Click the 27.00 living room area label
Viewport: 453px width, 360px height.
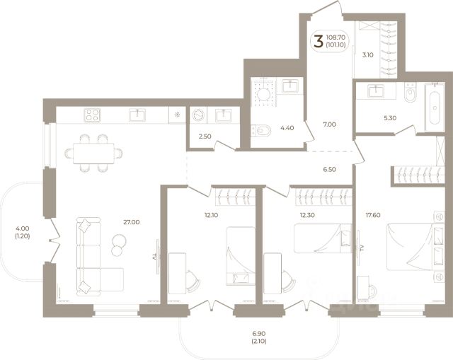[x=132, y=222]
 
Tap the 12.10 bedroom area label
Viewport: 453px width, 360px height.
[x=211, y=215]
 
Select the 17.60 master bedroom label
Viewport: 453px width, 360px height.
[x=373, y=215]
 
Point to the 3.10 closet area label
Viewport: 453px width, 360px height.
[x=368, y=55]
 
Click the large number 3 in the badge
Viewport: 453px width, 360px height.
[x=318, y=41]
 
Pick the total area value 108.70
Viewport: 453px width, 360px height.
[x=336, y=37]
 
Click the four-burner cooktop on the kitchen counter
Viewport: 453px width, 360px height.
[x=92, y=115]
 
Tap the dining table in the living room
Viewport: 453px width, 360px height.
[x=93, y=153]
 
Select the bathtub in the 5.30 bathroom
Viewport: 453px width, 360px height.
[x=435, y=106]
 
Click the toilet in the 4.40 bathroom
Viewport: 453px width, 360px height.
[x=261, y=131]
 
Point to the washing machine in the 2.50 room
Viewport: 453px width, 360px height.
[x=198, y=115]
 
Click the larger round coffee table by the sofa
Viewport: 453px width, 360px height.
[x=119, y=240]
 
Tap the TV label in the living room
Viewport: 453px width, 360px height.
[x=154, y=256]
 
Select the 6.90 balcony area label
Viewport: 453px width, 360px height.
[x=259, y=334]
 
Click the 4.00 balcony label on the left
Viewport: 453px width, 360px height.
[x=23, y=228]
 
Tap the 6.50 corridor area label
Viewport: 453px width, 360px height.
[x=329, y=170]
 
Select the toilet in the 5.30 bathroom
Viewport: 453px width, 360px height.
[x=411, y=93]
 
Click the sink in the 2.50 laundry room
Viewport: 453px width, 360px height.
[x=224, y=115]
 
